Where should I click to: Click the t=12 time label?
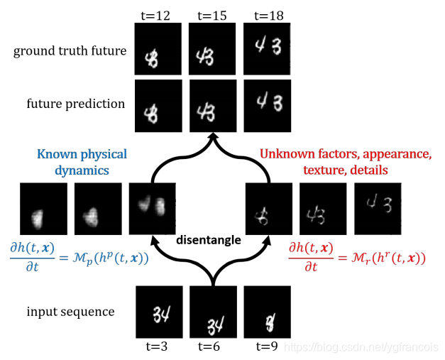pyautogui.click(x=158, y=15)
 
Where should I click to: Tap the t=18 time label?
pyautogui.click(x=267, y=15)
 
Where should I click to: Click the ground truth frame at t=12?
pyautogui.click(x=158, y=49)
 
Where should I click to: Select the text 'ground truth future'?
pyautogui.click(x=70, y=51)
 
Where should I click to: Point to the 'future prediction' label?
pyautogui.click(x=76, y=104)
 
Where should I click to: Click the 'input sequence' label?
pyautogui.click(x=71, y=311)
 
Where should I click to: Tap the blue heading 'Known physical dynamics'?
pyautogui.click(x=82, y=161)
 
